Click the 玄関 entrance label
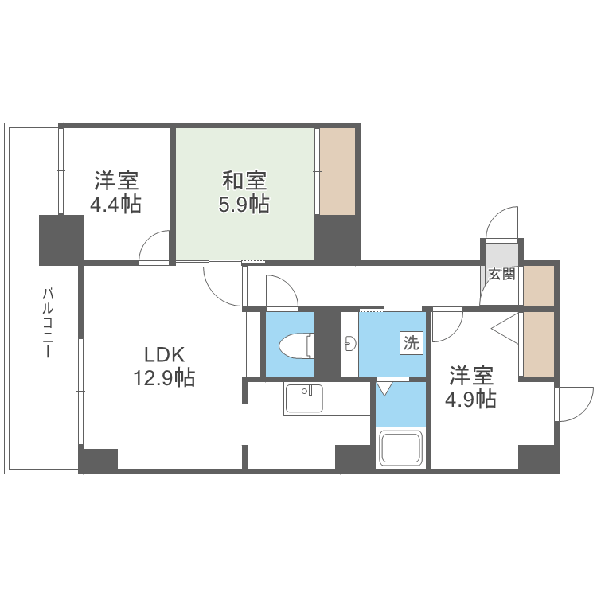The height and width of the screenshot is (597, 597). point(501,275)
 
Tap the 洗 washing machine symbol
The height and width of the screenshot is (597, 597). point(411,344)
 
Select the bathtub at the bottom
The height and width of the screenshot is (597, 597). point(402,449)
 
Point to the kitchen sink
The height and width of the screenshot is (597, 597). point(303,397)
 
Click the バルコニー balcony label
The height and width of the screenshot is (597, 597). point(48,322)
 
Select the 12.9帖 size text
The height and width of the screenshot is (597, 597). point(164,378)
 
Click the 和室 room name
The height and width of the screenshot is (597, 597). point(244,180)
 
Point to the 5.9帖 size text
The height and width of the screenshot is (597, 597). point(244,205)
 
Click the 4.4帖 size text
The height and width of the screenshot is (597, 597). point(115,205)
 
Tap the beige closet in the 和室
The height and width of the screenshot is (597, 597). point(337,170)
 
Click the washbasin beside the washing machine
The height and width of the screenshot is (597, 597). point(349,344)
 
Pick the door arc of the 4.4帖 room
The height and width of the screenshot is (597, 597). point(155,247)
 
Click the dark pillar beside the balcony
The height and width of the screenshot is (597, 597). point(61,240)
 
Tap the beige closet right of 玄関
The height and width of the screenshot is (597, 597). point(539,286)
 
